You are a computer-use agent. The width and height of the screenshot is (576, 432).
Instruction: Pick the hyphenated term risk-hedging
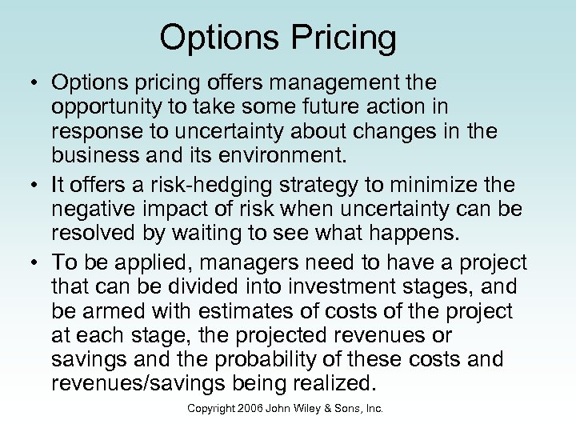pos(202,186)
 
